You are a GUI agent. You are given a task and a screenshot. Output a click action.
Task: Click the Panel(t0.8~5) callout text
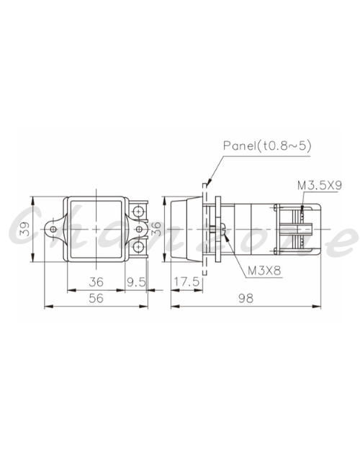[267, 146]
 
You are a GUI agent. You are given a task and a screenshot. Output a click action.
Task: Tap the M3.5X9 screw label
[320, 185]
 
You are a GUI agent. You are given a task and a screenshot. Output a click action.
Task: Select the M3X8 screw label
[264, 271]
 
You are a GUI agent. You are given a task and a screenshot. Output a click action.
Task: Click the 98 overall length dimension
[246, 299]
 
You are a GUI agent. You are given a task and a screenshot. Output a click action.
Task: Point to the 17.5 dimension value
[186, 282]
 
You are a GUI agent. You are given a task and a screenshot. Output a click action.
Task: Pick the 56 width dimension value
[96, 298]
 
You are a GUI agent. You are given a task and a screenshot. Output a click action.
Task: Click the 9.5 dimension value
[136, 282]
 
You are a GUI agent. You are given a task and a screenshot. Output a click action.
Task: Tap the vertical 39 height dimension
[25, 229]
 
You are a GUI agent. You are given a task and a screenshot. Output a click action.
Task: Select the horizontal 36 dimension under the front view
[96, 282]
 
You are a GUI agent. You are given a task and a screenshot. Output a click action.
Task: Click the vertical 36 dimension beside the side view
[156, 229]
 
